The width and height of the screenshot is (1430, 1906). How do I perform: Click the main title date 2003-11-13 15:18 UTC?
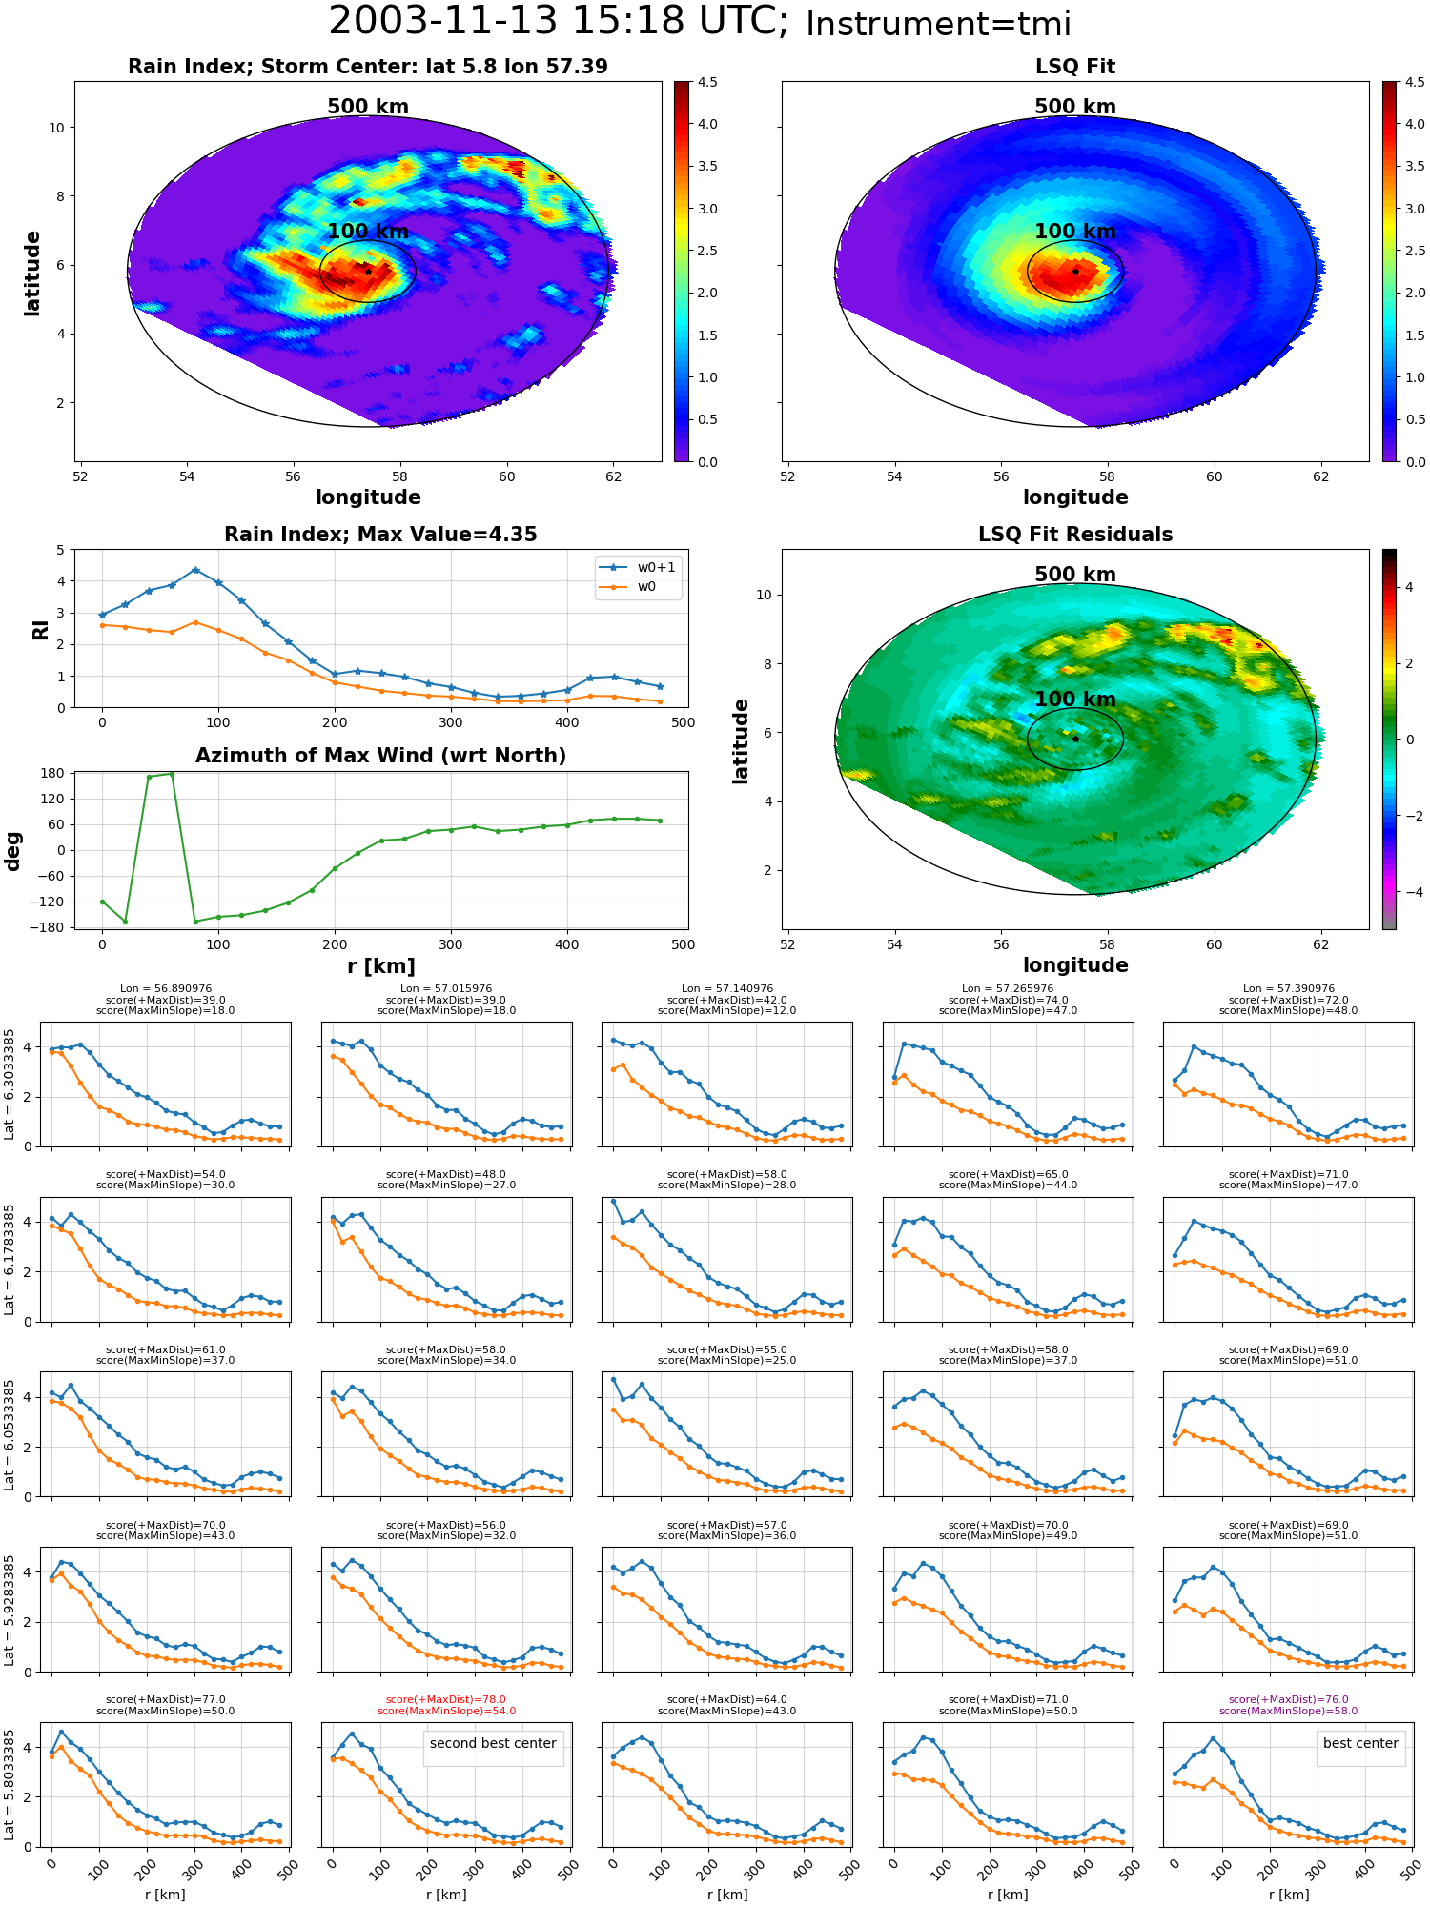[559, 21]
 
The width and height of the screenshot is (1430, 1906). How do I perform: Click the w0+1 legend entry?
[638, 567]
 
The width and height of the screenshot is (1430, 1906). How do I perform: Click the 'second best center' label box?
[493, 1743]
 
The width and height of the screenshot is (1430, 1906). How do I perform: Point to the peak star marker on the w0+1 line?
[195, 570]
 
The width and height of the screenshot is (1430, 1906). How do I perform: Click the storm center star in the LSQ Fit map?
[1075, 272]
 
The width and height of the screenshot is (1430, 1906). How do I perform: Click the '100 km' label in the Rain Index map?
[368, 232]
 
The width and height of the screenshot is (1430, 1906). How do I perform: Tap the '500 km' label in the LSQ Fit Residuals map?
[1075, 575]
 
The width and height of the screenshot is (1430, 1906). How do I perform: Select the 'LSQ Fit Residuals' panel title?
[1075, 535]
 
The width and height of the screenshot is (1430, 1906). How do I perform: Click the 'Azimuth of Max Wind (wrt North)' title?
[381, 756]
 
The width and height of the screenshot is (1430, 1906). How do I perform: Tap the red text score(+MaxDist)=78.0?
[446, 1699]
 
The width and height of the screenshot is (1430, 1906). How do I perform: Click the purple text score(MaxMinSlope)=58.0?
[1289, 1711]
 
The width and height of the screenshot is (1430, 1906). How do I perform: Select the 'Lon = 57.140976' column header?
[726, 989]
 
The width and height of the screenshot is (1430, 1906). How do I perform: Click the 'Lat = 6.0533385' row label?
[10, 1434]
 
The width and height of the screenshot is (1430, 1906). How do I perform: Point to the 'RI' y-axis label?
[40, 629]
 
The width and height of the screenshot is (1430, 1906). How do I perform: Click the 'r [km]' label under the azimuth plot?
[381, 966]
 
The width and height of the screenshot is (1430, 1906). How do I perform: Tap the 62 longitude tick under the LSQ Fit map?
[1320, 476]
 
